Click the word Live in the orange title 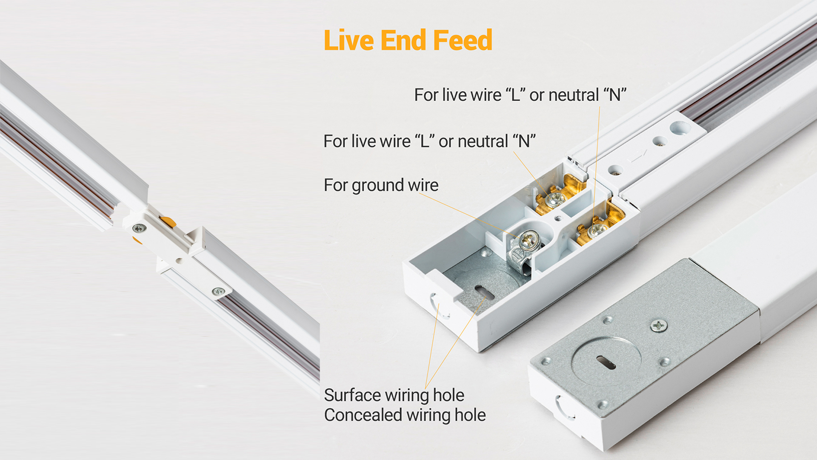click(349, 40)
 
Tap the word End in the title click(403, 40)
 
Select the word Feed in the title click(463, 40)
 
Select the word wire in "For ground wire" click(423, 185)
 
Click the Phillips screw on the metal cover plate click(659, 326)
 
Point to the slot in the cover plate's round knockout click(606, 362)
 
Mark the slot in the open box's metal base click(484, 293)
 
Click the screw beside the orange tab click(139, 229)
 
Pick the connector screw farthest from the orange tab click(219, 292)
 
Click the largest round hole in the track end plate click(680, 127)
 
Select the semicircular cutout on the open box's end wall click(438, 306)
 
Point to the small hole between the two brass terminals click(558, 218)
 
